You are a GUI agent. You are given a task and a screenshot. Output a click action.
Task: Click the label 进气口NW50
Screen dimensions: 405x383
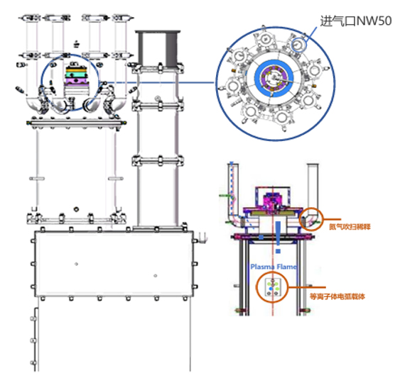(x=356, y=21)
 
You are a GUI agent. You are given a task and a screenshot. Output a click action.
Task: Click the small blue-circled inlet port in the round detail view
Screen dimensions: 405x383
(x=298, y=45)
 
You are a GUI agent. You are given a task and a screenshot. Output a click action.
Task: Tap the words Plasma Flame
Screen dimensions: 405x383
(x=274, y=267)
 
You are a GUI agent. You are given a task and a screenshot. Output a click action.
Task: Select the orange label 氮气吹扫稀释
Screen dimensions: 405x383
(x=350, y=227)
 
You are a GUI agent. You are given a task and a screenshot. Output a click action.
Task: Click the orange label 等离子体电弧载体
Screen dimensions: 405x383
(x=337, y=296)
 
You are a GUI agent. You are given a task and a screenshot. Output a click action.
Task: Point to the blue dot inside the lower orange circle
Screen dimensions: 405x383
(x=271, y=289)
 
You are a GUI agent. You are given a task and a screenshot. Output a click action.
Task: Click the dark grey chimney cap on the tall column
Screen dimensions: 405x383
(x=158, y=48)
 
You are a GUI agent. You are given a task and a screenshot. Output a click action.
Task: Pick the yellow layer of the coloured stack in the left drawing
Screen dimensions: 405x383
(x=76, y=70)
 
